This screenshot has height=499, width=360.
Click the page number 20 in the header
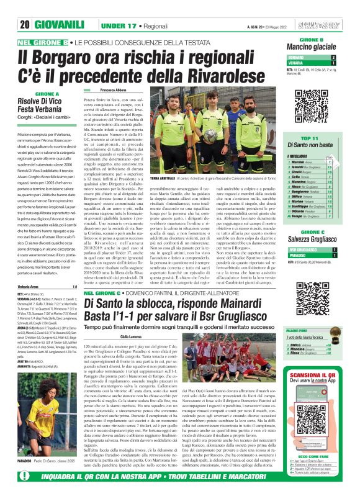[x=25, y=25]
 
